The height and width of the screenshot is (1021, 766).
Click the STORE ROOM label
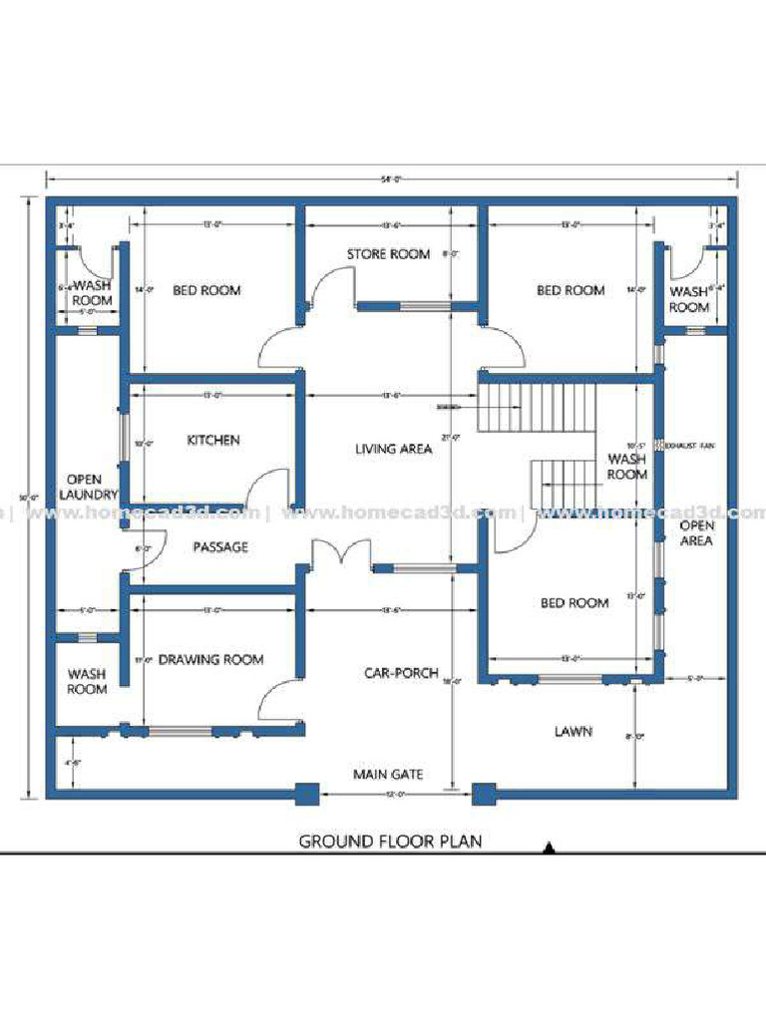click(388, 254)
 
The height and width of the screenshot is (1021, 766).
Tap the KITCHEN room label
click(213, 440)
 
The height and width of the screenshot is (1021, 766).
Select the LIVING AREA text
click(394, 450)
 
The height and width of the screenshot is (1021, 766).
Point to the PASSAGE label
click(220, 546)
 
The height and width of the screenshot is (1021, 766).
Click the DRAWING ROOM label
click(210, 659)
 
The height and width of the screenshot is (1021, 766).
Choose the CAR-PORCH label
click(401, 673)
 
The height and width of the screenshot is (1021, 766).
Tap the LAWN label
click(574, 732)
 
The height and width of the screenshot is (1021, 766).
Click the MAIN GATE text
click(388, 774)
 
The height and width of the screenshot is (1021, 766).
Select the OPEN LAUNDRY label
click(88, 487)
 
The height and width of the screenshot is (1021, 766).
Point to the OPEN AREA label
click(696, 532)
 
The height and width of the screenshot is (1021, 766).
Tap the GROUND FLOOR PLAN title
click(390, 842)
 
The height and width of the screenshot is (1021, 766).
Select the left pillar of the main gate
click(306, 795)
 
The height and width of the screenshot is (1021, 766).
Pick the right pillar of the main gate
click(484, 795)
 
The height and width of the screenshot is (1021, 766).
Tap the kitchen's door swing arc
click(266, 489)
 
